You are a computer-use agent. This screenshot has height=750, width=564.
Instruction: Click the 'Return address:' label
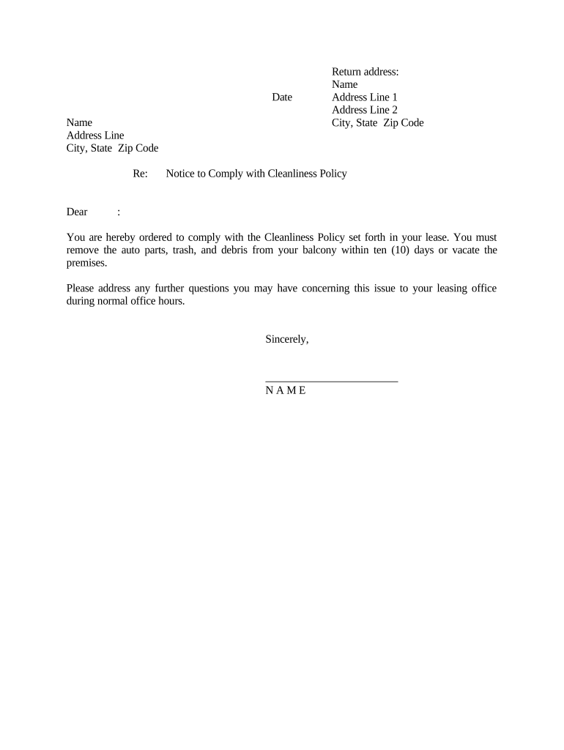coord(365,72)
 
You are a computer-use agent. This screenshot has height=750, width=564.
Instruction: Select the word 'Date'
coord(282,97)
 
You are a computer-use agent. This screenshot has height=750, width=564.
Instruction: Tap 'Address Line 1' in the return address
coord(364,97)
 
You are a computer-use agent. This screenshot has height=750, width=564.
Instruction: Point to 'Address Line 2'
coord(364,110)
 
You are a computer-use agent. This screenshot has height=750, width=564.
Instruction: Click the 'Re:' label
coord(141,174)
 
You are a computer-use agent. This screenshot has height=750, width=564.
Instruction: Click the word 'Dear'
coord(77,212)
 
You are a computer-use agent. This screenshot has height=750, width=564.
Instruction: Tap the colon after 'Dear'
coord(119,212)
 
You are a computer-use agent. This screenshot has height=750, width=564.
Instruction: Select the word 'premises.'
coord(86,262)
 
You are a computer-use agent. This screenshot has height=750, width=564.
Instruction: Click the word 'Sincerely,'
coord(287,339)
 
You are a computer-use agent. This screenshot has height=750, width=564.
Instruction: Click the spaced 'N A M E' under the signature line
coord(286,390)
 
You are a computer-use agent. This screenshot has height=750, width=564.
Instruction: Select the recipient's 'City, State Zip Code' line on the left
coord(112,148)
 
